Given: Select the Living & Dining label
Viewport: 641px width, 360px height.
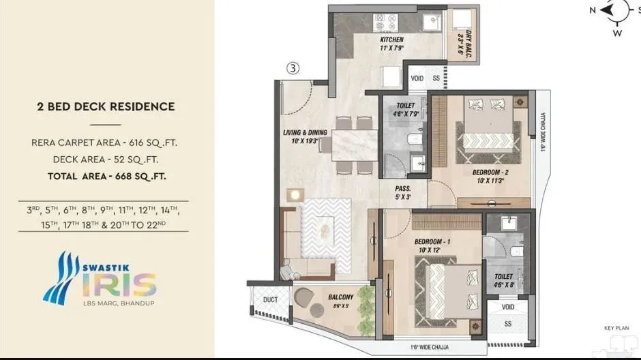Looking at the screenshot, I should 301,136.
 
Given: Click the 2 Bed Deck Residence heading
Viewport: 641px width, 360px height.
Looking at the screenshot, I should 106,106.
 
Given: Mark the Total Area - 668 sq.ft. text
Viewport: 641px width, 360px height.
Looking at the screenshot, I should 106,176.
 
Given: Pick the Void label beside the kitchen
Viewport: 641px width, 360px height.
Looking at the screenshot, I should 417,78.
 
